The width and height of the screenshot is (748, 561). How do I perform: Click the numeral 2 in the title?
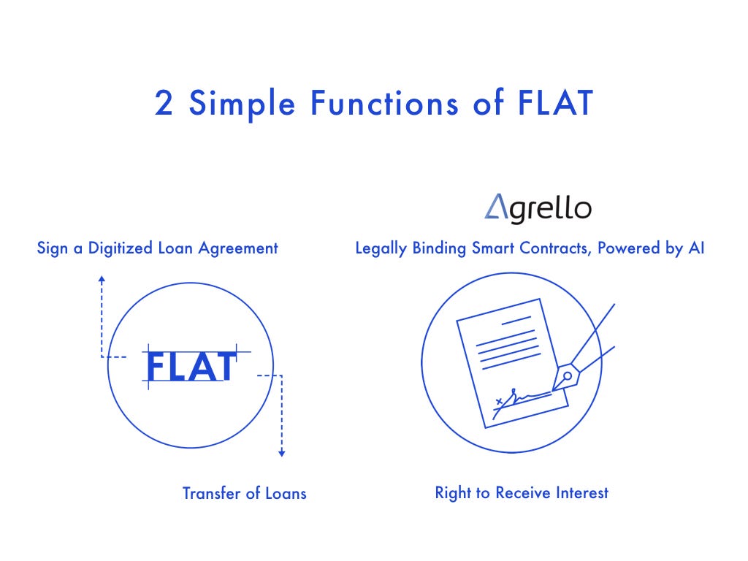point(164,103)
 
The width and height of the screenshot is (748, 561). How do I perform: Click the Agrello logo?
point(538,208)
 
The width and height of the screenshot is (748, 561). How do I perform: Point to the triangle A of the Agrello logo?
point(496,208)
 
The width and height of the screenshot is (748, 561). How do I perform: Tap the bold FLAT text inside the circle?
point(191,367)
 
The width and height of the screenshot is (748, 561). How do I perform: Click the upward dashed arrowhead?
point(102,279)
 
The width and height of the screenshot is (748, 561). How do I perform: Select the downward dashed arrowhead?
point(282,454)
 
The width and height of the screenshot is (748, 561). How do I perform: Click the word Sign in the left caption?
point(50,248)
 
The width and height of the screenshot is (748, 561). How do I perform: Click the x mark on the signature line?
point(499,401)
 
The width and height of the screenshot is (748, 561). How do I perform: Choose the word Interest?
point(581,493)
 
